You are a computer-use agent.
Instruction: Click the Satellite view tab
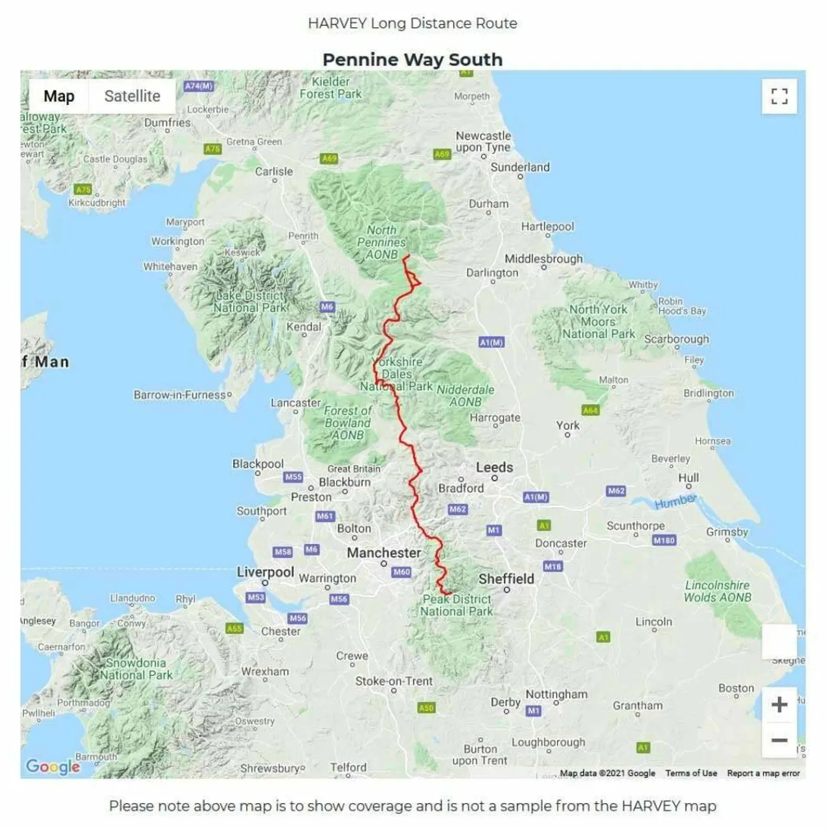click(132, 97)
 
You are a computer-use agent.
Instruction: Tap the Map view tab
click(59, 97)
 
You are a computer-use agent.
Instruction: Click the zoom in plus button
click(779, 704)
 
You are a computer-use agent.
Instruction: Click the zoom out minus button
click(779, 740)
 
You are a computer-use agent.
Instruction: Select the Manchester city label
click(383, 552)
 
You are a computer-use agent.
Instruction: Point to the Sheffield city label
click(506, 578)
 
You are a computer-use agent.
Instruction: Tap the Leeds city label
click(494, 467)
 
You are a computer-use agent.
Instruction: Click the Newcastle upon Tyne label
click(483, 141)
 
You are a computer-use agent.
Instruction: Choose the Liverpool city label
click(266, 572)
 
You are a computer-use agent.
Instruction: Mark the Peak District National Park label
click(457, 605)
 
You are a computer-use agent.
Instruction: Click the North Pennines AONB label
click(381, 242)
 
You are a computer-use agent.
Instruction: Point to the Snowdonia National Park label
click(136, 668)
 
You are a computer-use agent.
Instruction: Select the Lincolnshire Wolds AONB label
click(718, 591)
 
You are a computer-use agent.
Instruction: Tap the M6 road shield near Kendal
click(327, 307)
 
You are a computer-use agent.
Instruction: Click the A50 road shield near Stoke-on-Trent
click(426, 708)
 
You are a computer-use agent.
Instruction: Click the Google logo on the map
click(53, 767)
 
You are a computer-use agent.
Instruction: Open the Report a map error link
click(763, 773)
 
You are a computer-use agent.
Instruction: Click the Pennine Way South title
click(413, 60)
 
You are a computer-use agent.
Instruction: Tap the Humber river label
click(675, 501)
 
